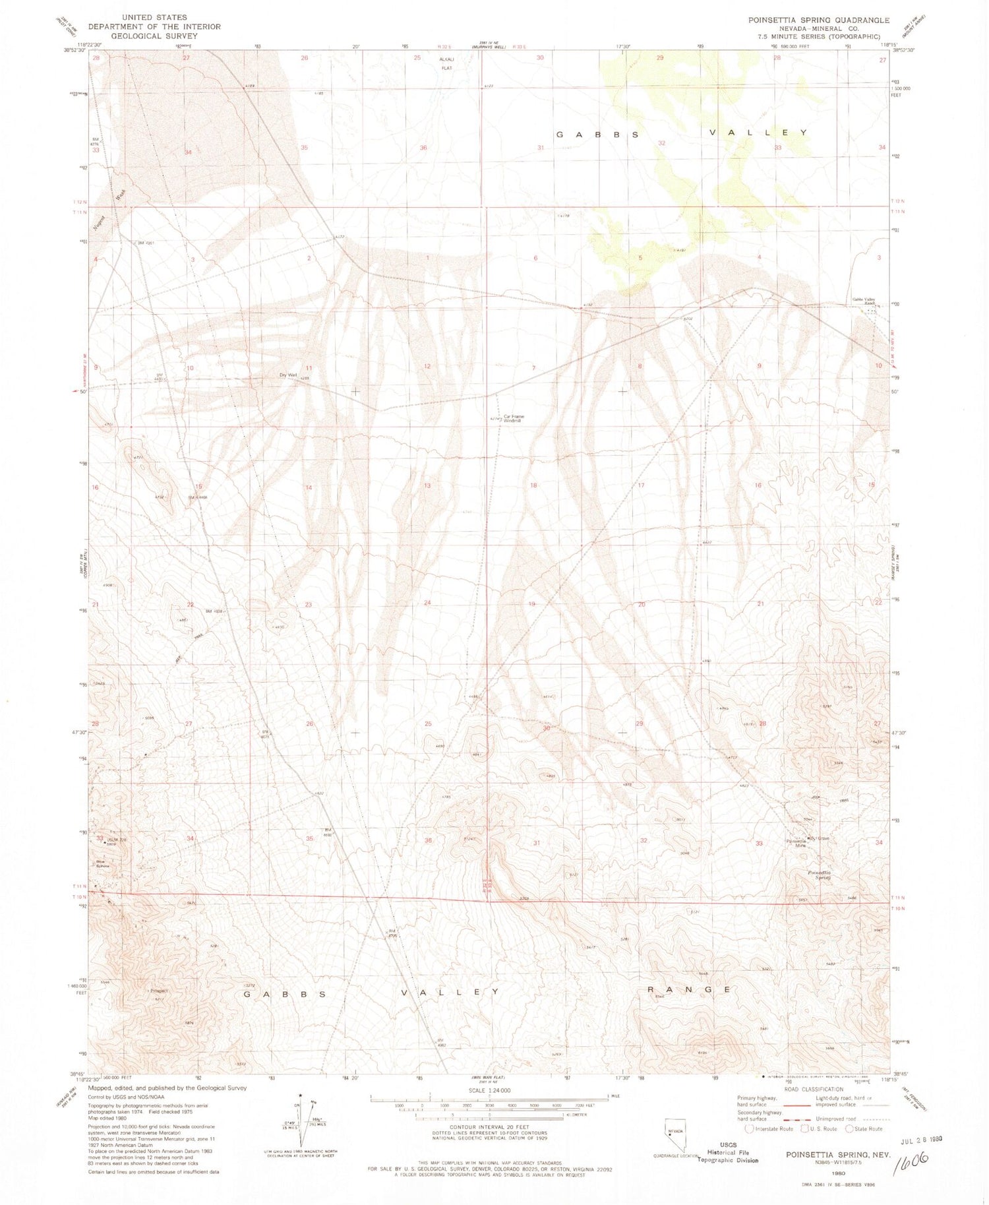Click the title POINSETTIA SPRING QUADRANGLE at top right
(x=818, y=20)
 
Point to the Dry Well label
(x=288, y=375)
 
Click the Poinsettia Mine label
(x=796, y=843)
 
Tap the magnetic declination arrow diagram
(x=298, y=1128)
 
